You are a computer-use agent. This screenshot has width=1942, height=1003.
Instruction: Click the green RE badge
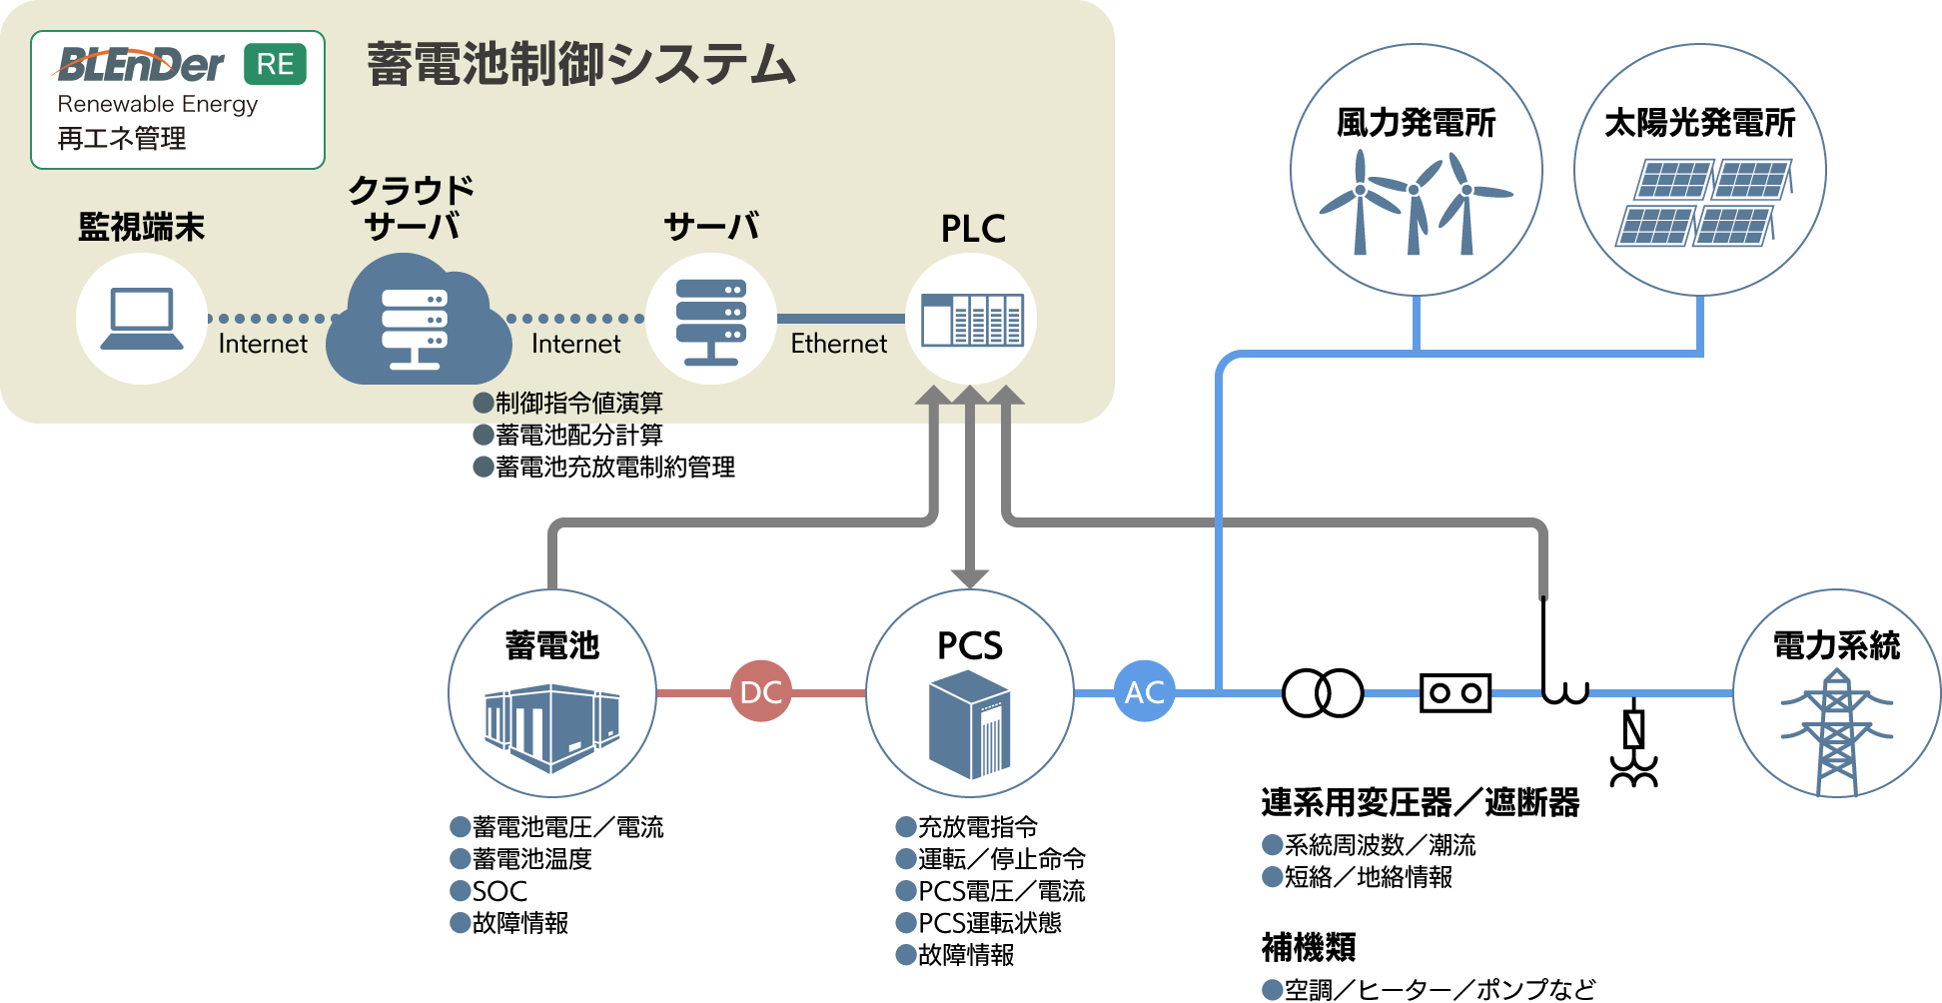tap(275, 65)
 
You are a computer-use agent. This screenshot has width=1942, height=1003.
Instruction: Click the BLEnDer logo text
tap(141, 66)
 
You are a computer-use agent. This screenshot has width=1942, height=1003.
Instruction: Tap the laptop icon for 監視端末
tap(142, 319)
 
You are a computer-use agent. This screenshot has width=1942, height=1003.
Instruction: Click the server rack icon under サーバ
tap(710, 320)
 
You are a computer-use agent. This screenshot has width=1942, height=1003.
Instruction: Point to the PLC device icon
tap(971, 320)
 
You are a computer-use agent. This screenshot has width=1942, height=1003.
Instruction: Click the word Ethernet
tap(838, 344)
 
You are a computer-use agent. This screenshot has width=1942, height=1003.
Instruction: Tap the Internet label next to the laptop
tap(263, 344)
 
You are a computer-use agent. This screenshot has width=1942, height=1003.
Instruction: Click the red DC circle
tap(761, 691)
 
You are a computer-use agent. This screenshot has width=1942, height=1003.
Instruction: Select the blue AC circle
tap(1145, 691)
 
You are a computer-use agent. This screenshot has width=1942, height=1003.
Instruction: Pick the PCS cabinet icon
tap(969, 724)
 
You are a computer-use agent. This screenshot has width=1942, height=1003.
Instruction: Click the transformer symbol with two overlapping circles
tap(1322, 692)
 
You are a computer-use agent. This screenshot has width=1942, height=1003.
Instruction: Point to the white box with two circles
tap(1455, 692)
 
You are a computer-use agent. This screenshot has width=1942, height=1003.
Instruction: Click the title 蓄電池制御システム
tap(580, 65)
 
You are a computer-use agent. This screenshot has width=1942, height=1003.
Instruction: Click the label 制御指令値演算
tap(578, 403)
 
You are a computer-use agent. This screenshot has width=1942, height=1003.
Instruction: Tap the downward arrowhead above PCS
tap(969, 578)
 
